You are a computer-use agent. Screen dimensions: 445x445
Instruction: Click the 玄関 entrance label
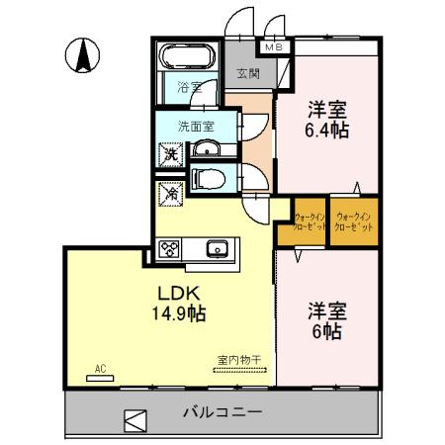pos(247,74)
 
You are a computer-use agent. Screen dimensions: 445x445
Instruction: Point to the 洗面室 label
pos(195,126)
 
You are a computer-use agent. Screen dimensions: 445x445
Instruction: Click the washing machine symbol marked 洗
pos(170,153)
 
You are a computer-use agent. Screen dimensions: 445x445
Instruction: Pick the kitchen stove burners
pos(168,248)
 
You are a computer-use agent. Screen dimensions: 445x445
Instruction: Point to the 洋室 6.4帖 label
pos(326,119)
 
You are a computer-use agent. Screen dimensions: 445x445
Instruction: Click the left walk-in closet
pos(310,222)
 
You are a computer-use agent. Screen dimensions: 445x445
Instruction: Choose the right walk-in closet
pos(354,222)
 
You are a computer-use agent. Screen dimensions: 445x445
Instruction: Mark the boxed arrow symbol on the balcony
pos(133,418)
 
